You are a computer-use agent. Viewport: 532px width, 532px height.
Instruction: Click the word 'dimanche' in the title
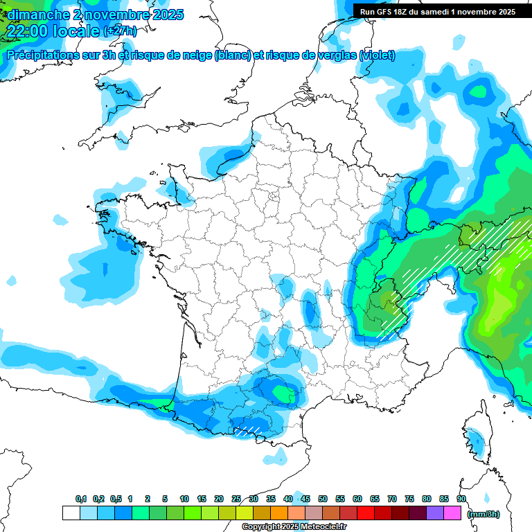click(x=35, y=14)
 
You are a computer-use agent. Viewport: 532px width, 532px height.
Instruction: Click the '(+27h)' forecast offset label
click(x=119, y=30)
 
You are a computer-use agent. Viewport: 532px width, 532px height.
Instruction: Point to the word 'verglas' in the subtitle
click(x=335, y=55)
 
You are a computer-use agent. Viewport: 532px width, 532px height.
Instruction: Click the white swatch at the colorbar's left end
click(x=71, y=513)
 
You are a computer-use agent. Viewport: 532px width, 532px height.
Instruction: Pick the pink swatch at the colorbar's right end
click(x=452, y=513)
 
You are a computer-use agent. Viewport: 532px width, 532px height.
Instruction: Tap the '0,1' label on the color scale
click(x=80, y=499)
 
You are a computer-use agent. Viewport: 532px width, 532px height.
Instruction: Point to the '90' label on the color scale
click(x=461, y=499)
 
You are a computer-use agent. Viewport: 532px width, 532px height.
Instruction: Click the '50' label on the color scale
click(x=323, y=499)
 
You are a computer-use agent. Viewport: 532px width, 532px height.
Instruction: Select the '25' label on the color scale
click(x=236, y=499)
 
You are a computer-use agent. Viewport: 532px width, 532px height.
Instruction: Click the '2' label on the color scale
click(x=148, y=499)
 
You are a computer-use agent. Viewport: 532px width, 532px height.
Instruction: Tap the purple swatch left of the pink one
click(x=435, y=513)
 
